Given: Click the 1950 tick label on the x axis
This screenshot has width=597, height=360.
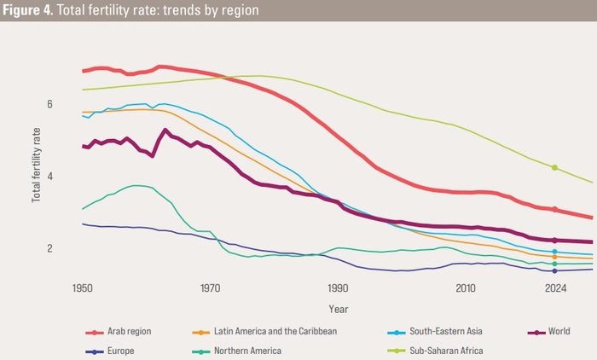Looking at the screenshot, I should click(x=83, y=288).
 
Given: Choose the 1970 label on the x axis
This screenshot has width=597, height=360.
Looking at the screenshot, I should click(x=210, y=288).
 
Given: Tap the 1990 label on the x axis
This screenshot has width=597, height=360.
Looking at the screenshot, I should click(x=338, y=288).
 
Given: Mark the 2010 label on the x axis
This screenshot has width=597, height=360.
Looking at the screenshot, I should click(x=466, y=288).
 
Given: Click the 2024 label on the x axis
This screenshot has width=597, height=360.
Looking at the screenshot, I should click(x=555, y=288).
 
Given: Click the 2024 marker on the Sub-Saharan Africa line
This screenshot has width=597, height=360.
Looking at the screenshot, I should click(x=555, y=167).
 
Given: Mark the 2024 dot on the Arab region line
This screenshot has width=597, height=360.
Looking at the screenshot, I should click(x=555, y=209).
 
